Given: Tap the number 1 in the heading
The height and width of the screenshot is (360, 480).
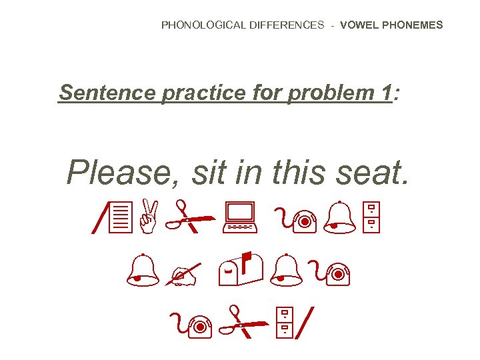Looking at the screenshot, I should (x=386, y=93).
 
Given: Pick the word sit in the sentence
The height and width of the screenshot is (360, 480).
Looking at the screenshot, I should (x=209, y=173).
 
